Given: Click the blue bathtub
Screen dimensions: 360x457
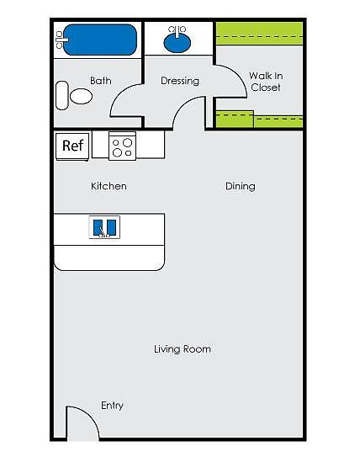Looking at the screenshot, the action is coord(100,40).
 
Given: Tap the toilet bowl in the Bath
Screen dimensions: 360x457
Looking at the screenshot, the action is coord(81,96).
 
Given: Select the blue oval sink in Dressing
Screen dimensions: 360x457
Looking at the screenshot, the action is coord(177,43).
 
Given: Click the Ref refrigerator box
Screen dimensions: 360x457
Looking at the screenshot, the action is coord(72,146).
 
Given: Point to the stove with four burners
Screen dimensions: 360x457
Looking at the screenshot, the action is coord(122,146).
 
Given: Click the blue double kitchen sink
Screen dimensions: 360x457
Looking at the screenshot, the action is coord(104,227).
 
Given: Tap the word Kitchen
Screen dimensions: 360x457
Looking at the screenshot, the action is coord(109,186).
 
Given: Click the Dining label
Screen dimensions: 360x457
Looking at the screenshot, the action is coord(241,187).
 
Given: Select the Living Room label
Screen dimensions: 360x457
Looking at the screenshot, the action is coord(183,349).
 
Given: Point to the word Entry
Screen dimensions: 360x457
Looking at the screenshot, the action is coord(112,406).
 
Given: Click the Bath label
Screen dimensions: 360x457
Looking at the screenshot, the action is coord(100,81).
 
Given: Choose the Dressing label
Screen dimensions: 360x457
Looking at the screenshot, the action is coord(180,81).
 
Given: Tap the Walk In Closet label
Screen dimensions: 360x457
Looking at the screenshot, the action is coord(266,82).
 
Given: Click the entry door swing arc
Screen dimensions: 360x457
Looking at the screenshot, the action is coord(91,417).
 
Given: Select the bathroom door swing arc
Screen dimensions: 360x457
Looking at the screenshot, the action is coord(117,95).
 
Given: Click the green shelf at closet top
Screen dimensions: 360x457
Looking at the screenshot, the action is coord(259,34).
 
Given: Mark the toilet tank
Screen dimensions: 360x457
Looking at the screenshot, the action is coord(61,95).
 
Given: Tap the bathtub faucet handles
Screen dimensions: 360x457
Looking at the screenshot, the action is coord(60,40).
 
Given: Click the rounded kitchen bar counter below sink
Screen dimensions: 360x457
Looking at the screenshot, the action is coord(109,258).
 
